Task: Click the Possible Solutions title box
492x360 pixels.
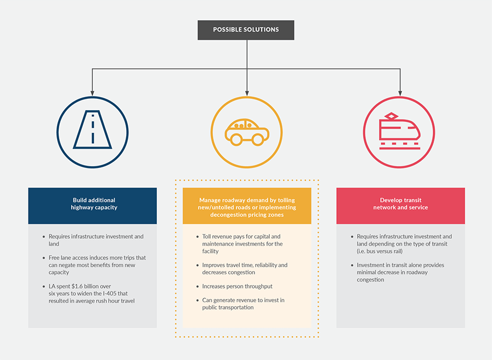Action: [x=246, y=30]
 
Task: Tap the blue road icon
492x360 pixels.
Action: [x=93, y=130]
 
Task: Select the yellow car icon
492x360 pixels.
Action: [x=247, y=132]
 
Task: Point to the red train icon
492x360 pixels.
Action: [x=399, y=131]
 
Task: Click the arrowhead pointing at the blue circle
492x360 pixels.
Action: [x=92, y=93]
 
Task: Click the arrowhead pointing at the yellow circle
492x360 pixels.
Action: [x=247, y=93]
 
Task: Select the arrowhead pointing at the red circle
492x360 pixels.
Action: [x=400, y=93]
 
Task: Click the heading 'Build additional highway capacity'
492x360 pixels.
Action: [x=94, y=204]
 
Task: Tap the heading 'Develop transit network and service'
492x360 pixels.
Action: [x=401, y=204]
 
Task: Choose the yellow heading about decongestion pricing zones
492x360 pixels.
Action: [x=247, y=207]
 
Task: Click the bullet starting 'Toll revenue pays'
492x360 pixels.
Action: [x=241, y=244]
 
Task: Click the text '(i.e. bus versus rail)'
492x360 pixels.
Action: [x=380, y=251]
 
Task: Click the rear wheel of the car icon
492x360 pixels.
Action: [x=236, y=140]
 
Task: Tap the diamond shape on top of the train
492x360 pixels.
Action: [x=391, y=116]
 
